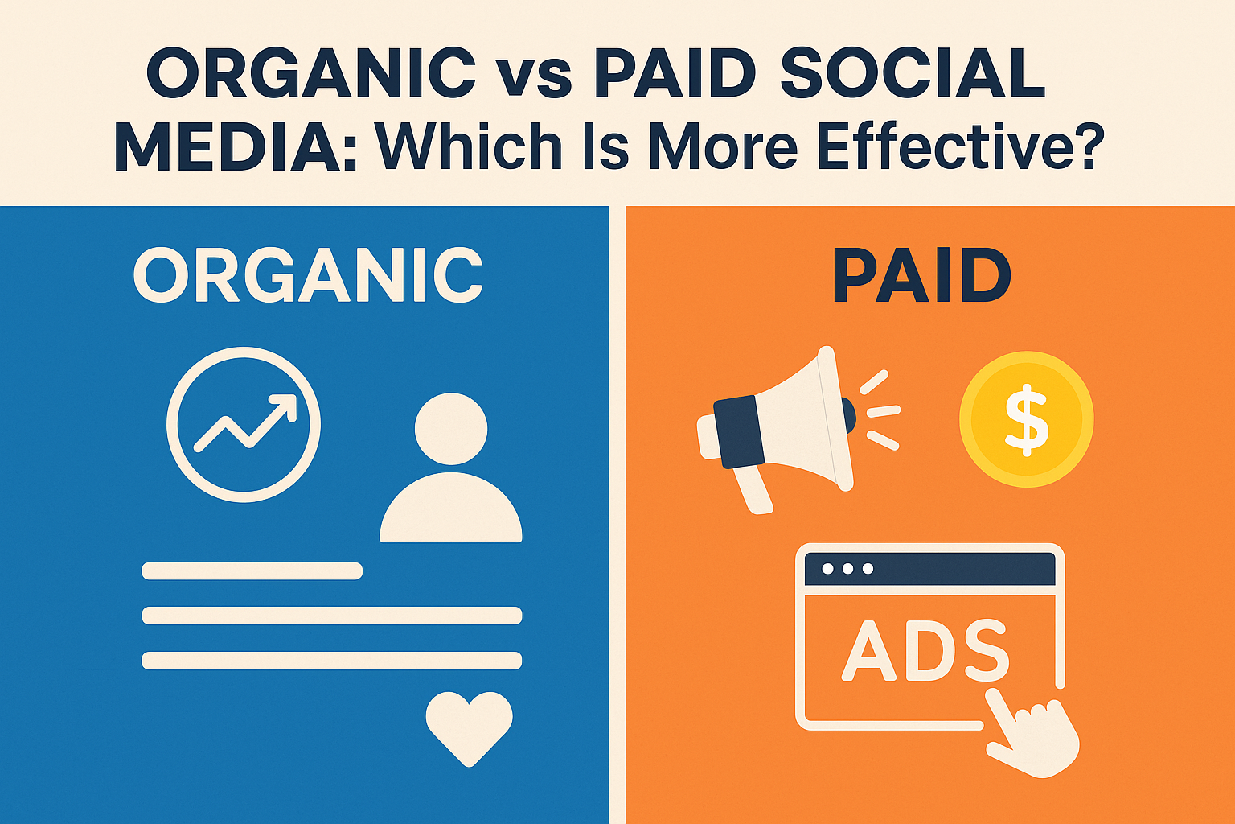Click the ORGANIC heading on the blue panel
(x=308, y=275)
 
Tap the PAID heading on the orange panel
(x=921, y=275)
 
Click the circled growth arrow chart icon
(x=244, y=424)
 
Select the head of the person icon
(x=451, y=428)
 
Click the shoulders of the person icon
(x=451, y=511)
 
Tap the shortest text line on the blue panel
(x=252, y=571)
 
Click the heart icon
(x=469, y=727)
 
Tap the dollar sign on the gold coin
(x=1027, y=419)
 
